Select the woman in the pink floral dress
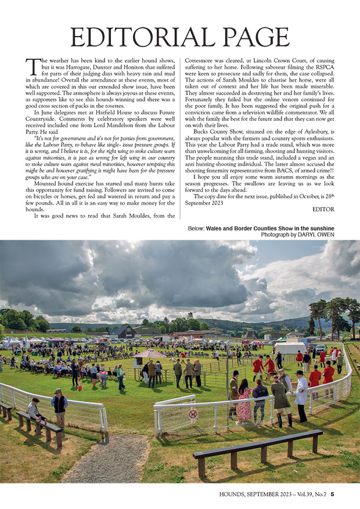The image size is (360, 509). pos(244,401)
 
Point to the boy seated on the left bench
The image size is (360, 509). pos(35,410)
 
